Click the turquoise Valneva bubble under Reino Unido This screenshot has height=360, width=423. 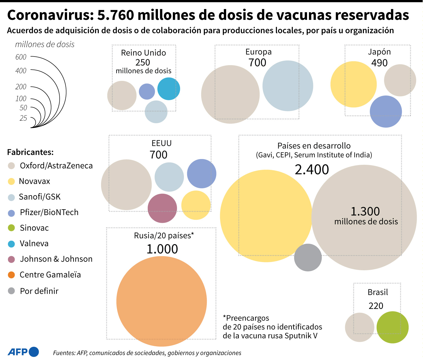tap(169, 89)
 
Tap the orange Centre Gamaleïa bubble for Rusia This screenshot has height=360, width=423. tap(162, 301)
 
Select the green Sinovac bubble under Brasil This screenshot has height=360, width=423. tap(392, 327)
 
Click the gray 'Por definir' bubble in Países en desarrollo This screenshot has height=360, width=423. tap(308, 257)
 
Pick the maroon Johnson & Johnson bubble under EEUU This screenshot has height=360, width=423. tap(162, 208)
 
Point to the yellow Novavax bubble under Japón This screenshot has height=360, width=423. tap(353, 84)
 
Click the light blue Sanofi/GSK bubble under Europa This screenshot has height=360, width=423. tap(288, 86)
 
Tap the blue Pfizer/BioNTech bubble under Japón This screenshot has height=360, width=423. tap(386, 112)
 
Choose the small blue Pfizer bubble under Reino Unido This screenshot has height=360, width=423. tap(147, 91)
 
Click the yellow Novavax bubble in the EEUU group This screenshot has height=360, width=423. tap(196, 205)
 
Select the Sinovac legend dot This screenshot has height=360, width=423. tap(11, 228)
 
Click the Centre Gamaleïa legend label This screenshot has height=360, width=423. tap(50, 275)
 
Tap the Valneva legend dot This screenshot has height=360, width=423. tap(11, 244)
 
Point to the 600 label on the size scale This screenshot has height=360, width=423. tap(21, 57)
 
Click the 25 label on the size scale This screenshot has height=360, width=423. tap(23, 118)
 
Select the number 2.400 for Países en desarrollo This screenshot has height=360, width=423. tap(312, 170)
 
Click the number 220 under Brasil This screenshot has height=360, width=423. tap(376, 306)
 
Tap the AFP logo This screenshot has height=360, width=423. tap(23, 352)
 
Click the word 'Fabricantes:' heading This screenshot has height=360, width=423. tap(30, 152)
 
